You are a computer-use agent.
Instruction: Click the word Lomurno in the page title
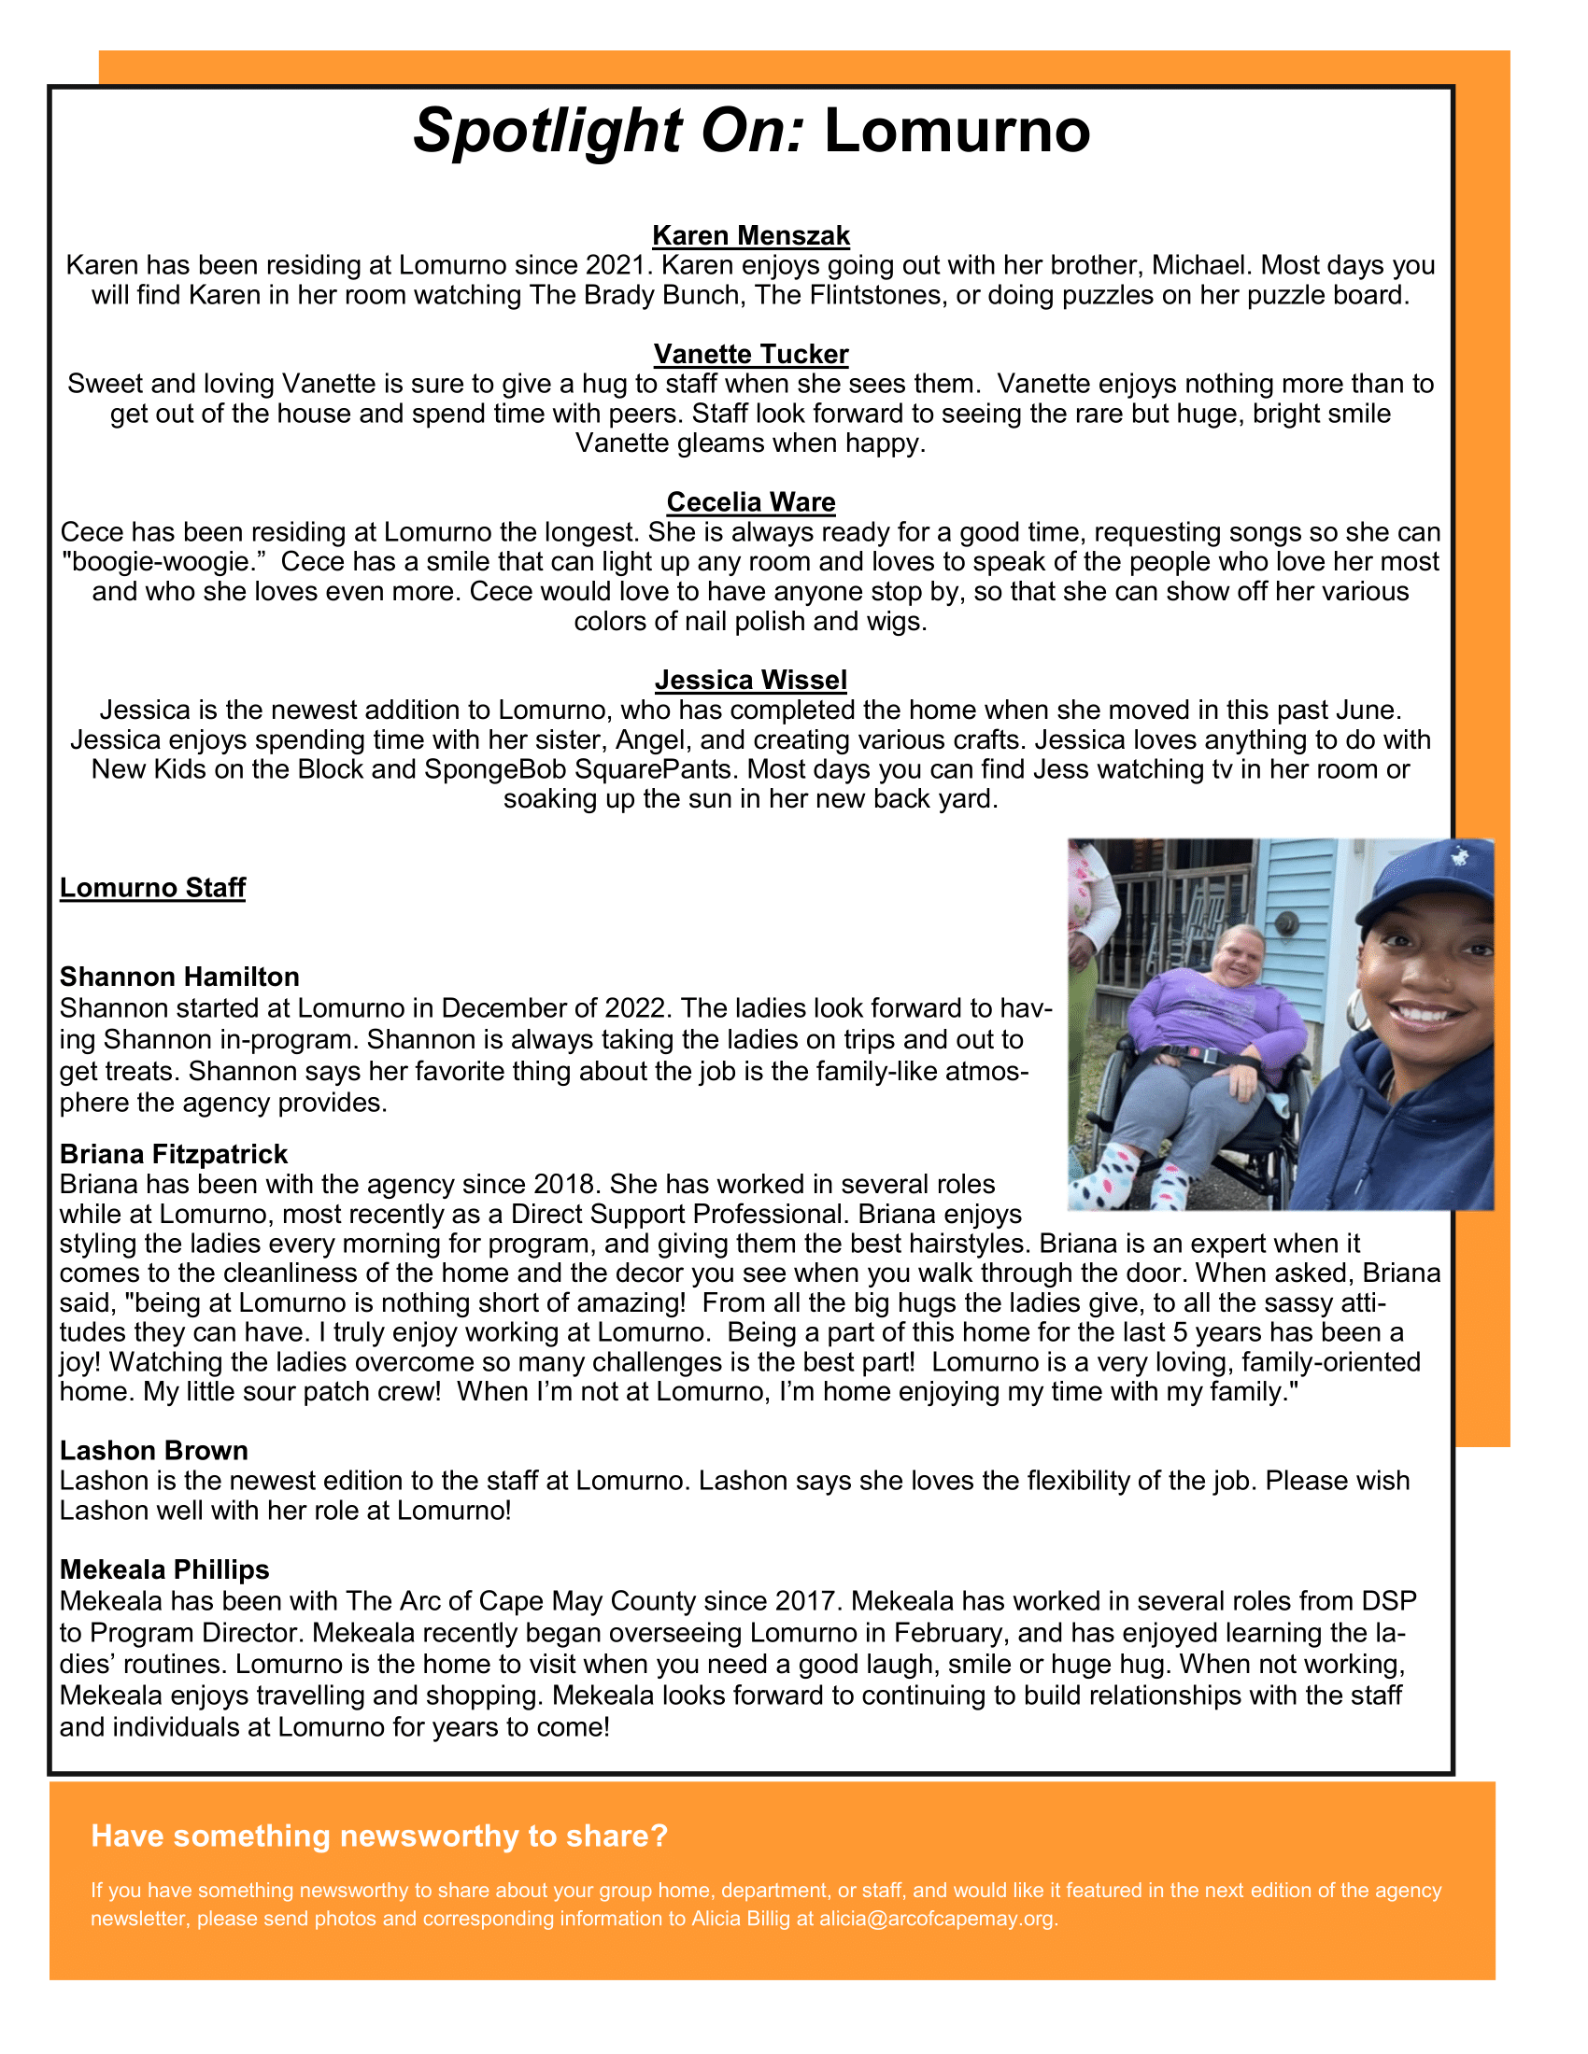957,131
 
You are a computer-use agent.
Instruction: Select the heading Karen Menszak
751,235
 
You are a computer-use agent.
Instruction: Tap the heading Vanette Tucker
751,354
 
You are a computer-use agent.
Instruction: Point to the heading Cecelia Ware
751,502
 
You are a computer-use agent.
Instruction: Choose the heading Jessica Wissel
751,680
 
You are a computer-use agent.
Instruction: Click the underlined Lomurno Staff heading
152,888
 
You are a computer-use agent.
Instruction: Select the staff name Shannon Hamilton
179,978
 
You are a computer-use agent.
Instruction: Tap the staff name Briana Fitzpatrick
173,1154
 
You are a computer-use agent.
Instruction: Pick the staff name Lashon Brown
153,1450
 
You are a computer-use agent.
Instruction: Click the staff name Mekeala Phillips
164,1569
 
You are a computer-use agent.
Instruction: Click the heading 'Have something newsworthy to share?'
379,1836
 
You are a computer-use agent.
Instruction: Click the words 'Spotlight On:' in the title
610,131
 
